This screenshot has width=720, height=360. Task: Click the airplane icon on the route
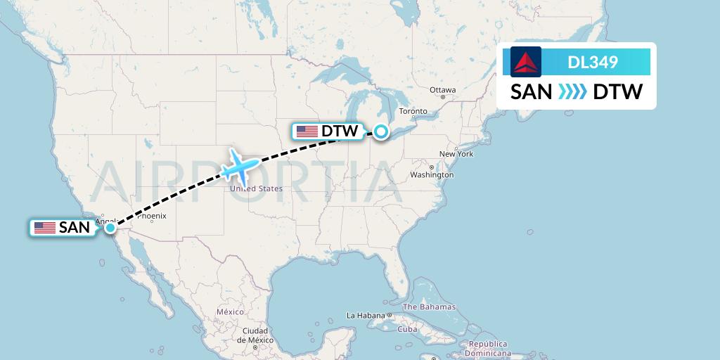coord(240,167)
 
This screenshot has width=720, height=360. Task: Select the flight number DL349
coord(593,62)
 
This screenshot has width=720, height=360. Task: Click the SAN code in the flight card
coord(531,92)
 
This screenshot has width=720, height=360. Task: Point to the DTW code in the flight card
coord(618,92)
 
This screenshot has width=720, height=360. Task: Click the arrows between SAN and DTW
coord(572,92)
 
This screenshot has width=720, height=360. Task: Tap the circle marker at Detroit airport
coord(380,131)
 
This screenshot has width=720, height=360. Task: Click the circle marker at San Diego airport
coord(110,227)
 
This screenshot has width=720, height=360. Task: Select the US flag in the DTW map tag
coord(307,131)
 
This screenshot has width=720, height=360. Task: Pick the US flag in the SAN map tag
coord(45,228)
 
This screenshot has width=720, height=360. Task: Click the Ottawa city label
coord(443,90)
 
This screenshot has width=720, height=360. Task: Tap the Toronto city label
coord(413,112)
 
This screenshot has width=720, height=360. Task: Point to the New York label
coord(456,154)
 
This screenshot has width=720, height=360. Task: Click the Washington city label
coord(432,174)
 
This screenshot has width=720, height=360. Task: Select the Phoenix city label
coord(151,216)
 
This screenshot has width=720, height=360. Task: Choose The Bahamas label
coord(429,307)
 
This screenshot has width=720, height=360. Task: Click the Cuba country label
coord(408,329)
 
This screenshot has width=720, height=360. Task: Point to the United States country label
coord(256,188)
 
